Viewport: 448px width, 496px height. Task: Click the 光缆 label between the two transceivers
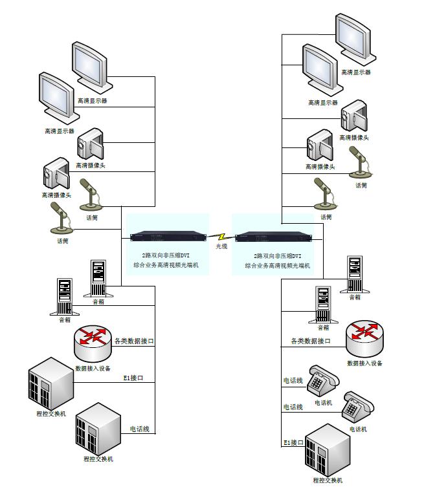pos(222,246)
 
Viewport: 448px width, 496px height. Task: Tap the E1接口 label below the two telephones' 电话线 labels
pos(293,443)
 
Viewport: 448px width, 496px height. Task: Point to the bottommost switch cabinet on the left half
pos(98,429)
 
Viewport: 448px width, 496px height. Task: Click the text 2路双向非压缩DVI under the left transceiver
pos(166,256)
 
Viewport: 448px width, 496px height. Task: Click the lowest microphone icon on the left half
pos(61,217)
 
